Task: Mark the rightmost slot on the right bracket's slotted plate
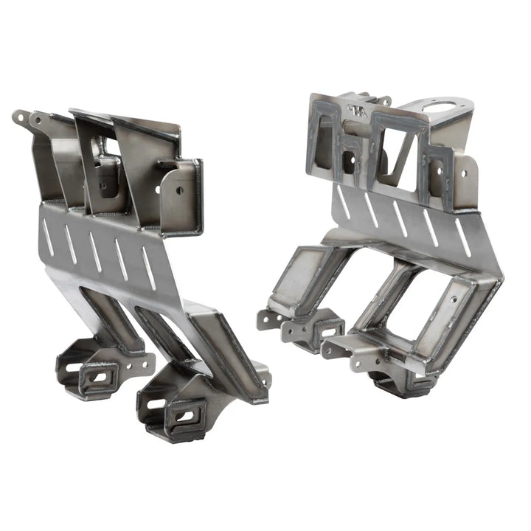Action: (x=463, y=239)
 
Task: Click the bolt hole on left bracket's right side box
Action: (x=179, y=190)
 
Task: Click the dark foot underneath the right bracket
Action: (x=391, y=383)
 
